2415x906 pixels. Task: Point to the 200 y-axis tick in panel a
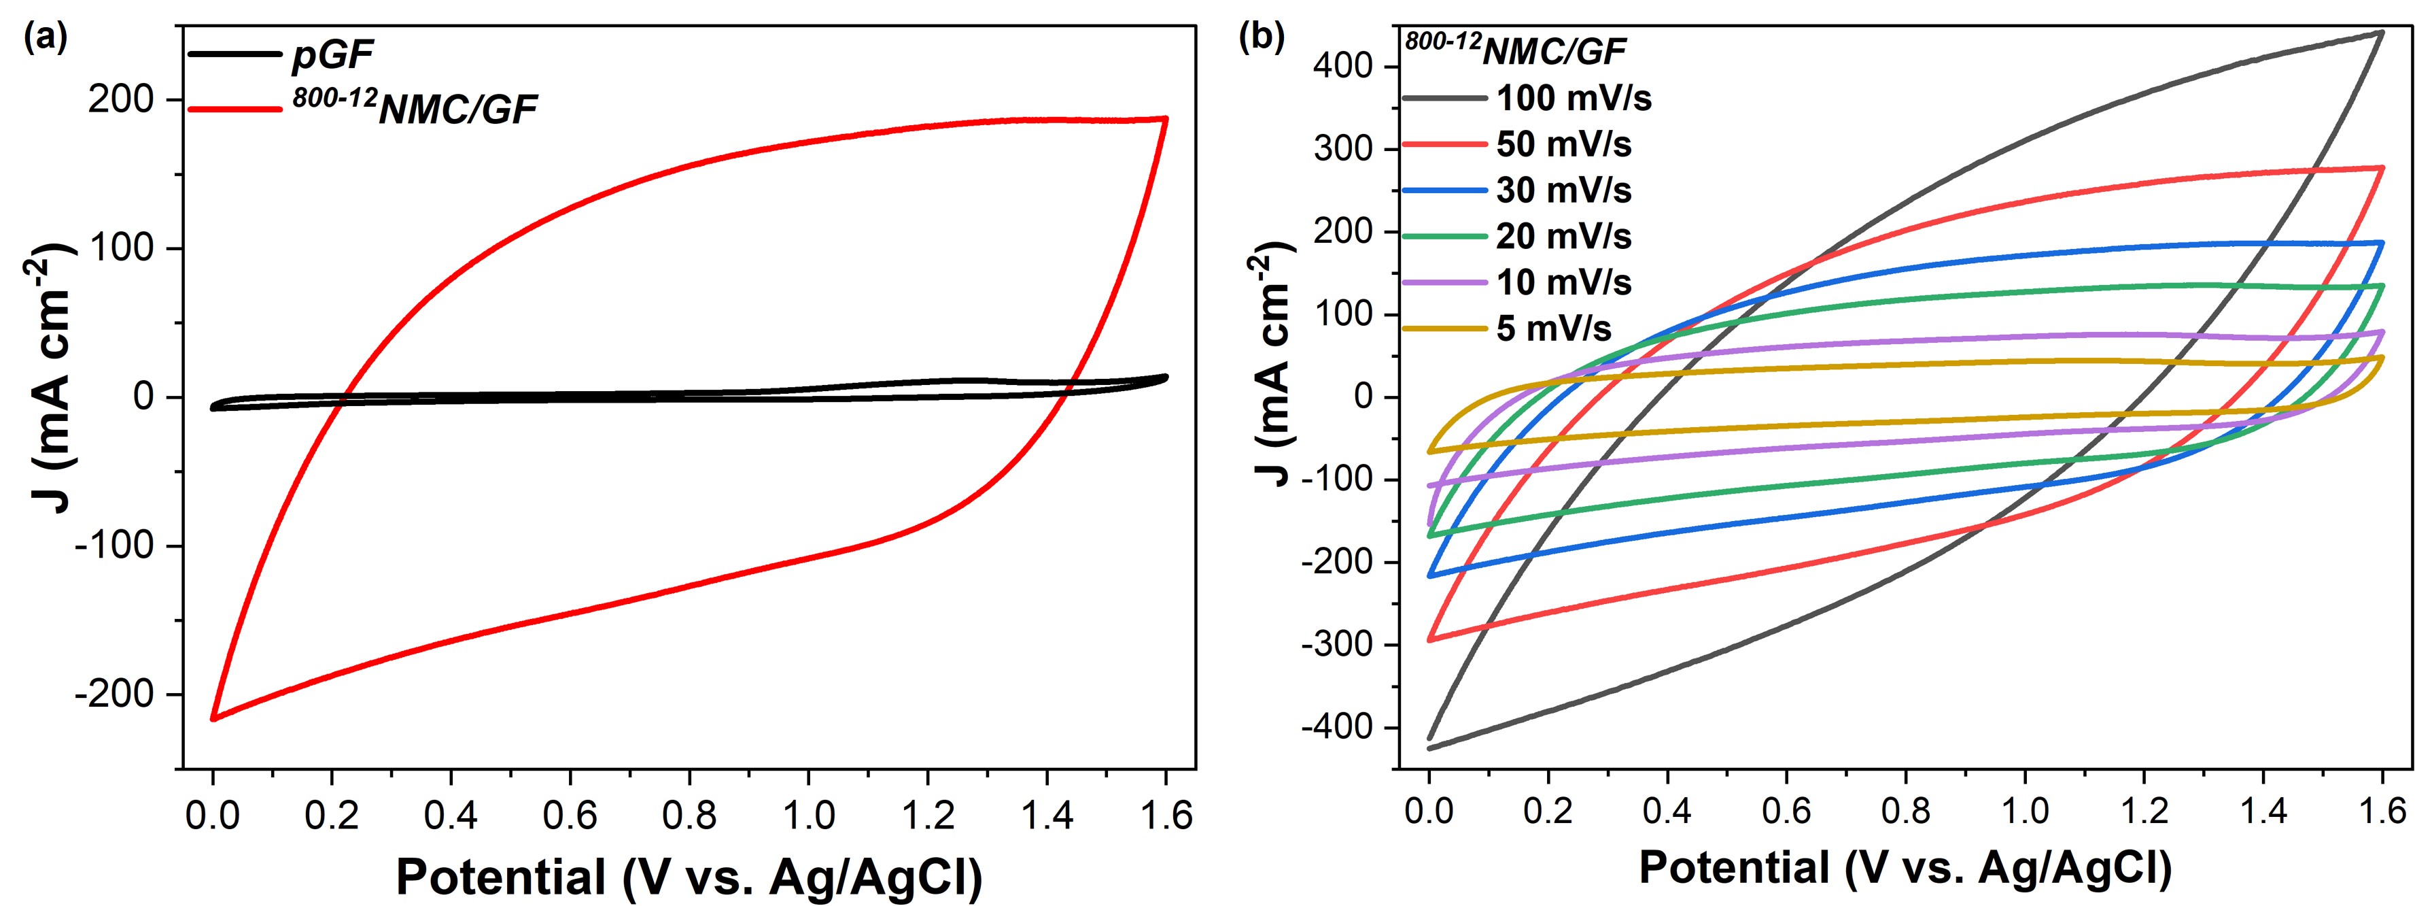click(121, 99)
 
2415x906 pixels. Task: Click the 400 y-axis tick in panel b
click(1343, 67)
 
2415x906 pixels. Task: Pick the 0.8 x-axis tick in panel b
click(1905, 810)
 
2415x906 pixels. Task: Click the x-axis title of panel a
click(689, 877)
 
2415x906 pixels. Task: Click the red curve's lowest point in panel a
click(213, 718)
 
